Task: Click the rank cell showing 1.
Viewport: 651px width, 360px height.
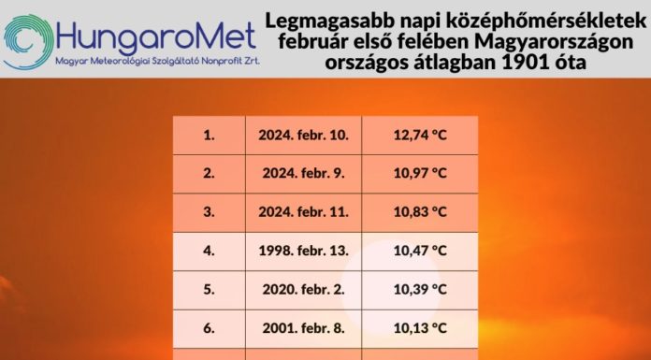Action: (209, 135)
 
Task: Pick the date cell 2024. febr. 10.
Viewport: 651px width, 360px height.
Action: (304, 135)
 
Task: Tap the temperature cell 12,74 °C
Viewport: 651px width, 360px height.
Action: (420, 135)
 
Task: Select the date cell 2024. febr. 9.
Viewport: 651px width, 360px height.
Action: (304, 173)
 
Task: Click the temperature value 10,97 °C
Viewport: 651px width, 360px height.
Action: (420, 173)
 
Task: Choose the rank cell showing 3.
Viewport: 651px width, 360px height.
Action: (209, 211)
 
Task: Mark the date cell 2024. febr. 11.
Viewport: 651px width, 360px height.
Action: (304, 211)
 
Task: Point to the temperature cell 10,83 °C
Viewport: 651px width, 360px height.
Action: (420, 211)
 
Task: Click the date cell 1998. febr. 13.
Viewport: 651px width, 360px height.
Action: (304, 251)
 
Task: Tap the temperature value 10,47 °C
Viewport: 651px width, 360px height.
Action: (420, 251)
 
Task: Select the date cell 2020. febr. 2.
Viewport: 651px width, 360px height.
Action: (304, 289)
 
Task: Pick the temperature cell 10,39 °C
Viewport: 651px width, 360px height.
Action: (420, 289)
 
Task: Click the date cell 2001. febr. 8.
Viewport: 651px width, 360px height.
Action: (304, 327)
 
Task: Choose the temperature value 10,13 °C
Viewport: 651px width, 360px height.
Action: (420, 327)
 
